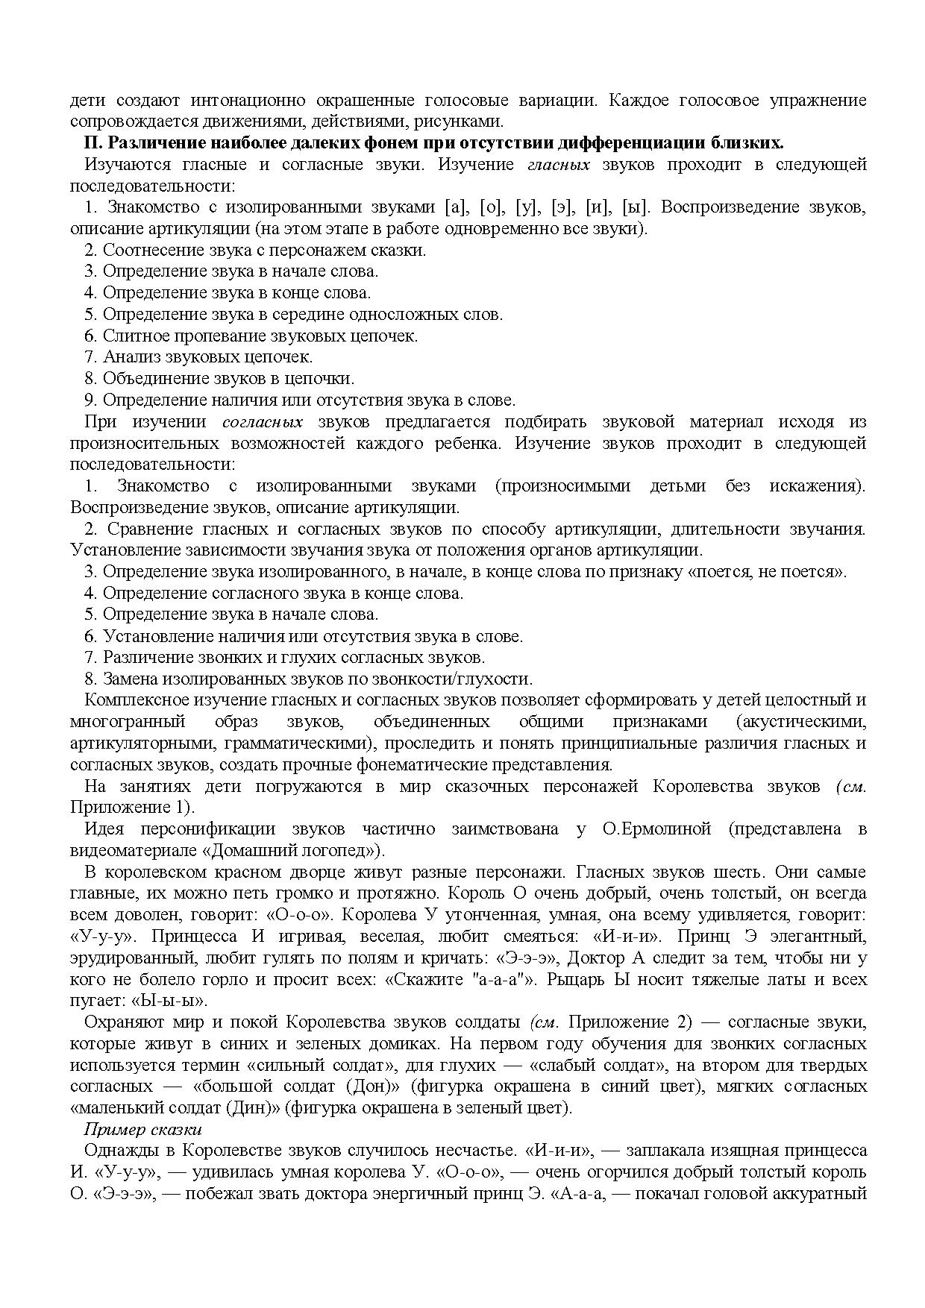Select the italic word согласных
pyautogui.click(x=263, y=422)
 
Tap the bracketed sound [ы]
pyautogui.click(x=636, y=207)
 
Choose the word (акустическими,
pyautogui.click(x=800, y=722)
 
